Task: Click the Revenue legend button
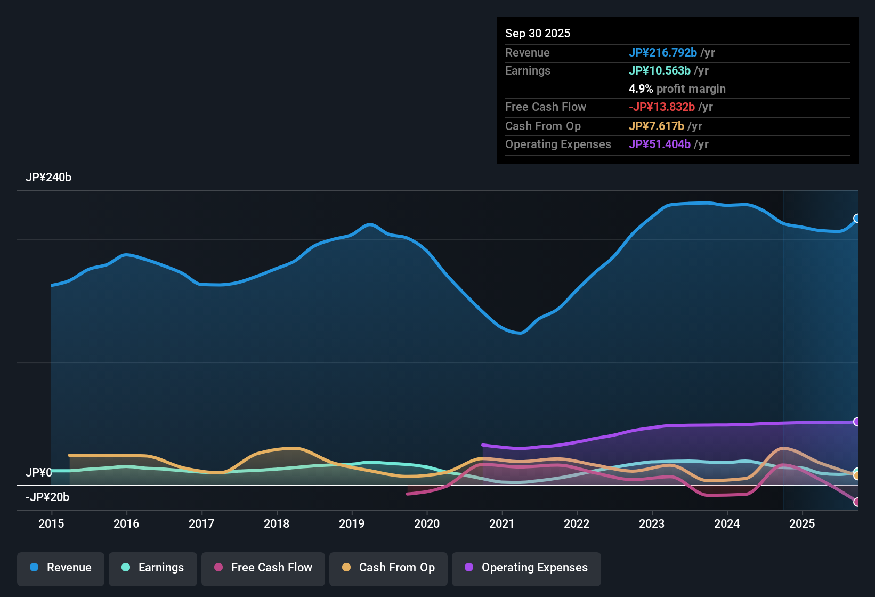click(x=61, y=568)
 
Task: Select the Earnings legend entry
click(x=153, y=568)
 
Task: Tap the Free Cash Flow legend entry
click(x=263, y=568)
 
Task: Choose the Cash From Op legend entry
click(x=388, y=568)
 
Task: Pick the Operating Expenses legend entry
click(x=526, y=568)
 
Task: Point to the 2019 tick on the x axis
click(x=352, y=523)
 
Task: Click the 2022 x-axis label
click(x=577, y=523)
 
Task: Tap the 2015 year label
click(x=51, y=523)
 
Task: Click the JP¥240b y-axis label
click(x=48, y=178)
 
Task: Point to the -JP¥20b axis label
click(x=47, y=497)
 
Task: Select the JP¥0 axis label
click(x=39, y=473)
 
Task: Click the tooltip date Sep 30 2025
click(x=538, y=34)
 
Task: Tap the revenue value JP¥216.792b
click(x=662, y=53)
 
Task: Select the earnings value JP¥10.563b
click(x=659, y=71)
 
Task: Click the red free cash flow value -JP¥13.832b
click(x=661, y=107)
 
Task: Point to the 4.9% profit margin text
click(x=677, y=89)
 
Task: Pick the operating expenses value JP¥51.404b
click(x=659, y=144)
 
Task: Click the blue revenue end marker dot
click(x=857, y=219)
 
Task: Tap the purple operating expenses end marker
click(x=857, y=422)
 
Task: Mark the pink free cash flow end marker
click(x=857, y=502)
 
